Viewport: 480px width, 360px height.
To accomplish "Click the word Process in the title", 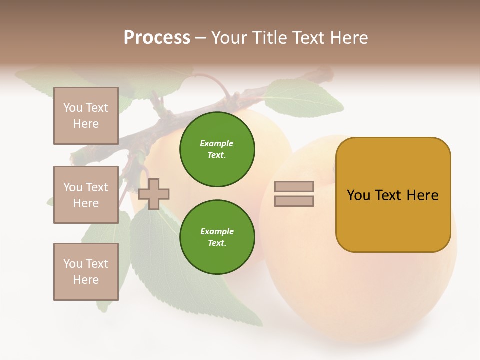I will tap(157, 38).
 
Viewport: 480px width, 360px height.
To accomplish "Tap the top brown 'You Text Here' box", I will tap(86, 116).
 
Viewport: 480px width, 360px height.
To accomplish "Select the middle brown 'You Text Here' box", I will tap(86, 195).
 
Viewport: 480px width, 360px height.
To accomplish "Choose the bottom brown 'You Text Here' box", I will tap(86, 272).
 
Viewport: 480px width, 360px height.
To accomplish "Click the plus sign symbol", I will tap(154, 193).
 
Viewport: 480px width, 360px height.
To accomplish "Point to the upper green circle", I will tap(217, 149).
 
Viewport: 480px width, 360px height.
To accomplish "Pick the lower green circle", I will tap(217, 237).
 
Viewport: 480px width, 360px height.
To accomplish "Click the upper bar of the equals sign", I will tap(294, 186).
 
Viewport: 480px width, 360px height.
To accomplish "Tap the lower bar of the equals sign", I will tap(294, 201).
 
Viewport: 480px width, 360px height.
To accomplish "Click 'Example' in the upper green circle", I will tap(216, 143).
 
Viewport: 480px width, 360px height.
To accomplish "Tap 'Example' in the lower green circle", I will tap(216, 231).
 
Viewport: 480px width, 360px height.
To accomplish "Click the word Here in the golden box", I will tap(422, 195).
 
